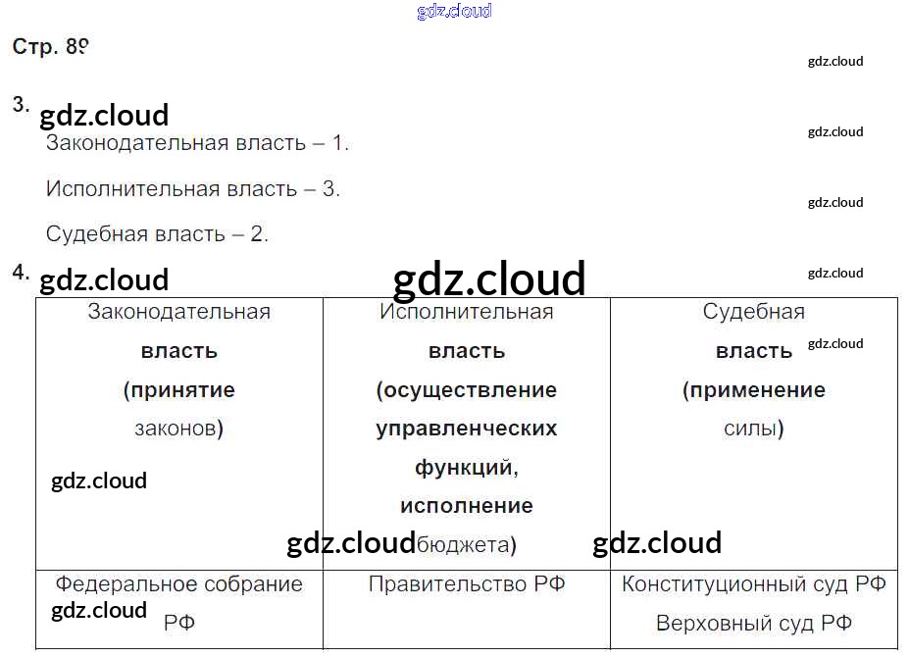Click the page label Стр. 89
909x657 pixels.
[51, 48]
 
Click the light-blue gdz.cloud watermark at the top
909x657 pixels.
[454, 12]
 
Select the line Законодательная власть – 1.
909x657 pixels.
[197, 143]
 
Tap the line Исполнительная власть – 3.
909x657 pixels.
[193, 189]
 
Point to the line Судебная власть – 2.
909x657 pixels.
[157, 234]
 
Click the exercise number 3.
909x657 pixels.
[21, 105]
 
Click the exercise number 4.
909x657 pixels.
[21, 273]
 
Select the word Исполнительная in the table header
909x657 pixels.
[467, 313]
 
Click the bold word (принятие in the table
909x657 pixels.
[179, 390]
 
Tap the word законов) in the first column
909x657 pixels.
[179, 429]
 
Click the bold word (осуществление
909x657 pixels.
[467, 390]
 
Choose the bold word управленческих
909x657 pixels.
[467, 429]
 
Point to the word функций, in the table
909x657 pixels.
[467, 468]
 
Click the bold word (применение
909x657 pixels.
[754, 390]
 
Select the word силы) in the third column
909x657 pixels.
[754, 429]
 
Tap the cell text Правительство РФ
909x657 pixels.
[467, 584]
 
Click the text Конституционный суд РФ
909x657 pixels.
[754, 584]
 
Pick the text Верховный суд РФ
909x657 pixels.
[754, 623]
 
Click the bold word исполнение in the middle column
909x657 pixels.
[467, 506]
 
